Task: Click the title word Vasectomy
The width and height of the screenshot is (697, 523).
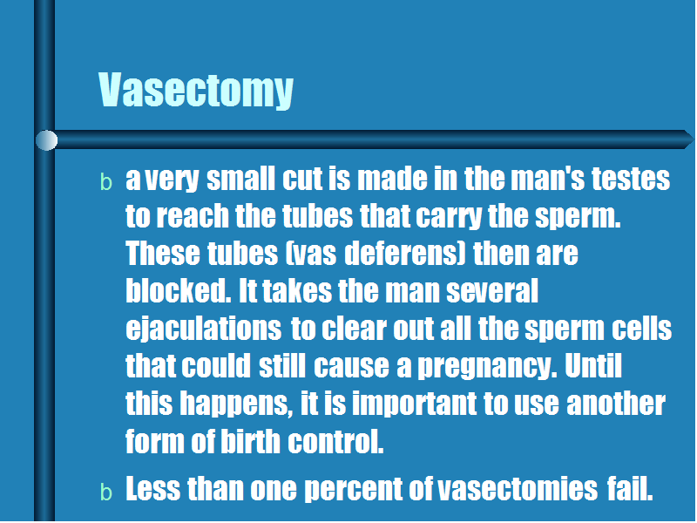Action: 195,91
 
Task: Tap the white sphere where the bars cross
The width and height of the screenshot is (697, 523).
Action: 46,140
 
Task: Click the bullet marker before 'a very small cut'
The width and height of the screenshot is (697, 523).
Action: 105,182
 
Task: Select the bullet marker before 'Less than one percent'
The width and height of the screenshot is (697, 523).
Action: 105,492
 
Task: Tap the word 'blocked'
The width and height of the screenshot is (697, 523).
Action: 179,291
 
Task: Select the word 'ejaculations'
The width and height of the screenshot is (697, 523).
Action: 204,330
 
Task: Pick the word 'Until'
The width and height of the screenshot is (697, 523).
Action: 593,365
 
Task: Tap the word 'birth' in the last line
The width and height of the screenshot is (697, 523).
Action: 250,442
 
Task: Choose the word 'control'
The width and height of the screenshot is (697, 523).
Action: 335,442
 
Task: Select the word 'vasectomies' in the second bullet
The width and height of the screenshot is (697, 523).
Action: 518,489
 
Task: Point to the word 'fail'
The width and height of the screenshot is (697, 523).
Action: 630,488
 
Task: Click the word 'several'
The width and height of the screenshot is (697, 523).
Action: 492,291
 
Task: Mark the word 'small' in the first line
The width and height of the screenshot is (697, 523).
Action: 241,179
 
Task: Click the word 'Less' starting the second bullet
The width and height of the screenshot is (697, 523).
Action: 153,489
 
